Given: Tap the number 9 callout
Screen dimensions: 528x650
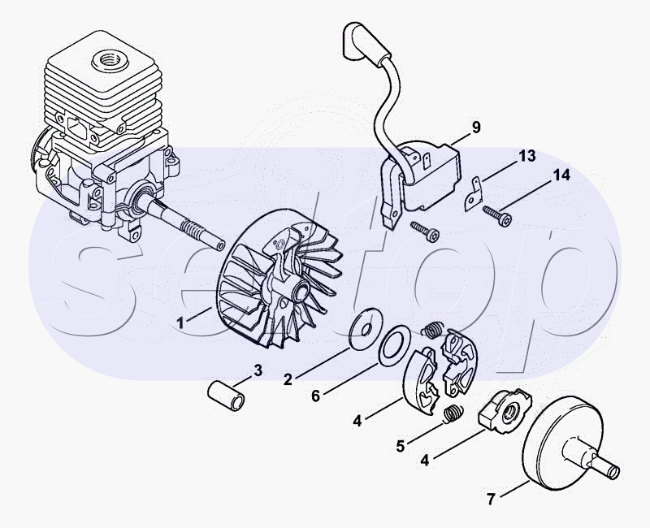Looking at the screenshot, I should pyautogui.click(x=476, y=127).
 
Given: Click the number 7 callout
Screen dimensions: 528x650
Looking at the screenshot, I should pyautogui.click(x=491, y=498).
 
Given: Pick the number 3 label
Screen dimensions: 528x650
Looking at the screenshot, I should pyautogui.click(x=258, y=371).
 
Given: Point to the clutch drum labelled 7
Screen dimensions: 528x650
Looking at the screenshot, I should pyautogui.click(x=561, y=444).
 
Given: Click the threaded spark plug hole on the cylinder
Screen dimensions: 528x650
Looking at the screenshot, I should pyautogui.click(x=106, y=58).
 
